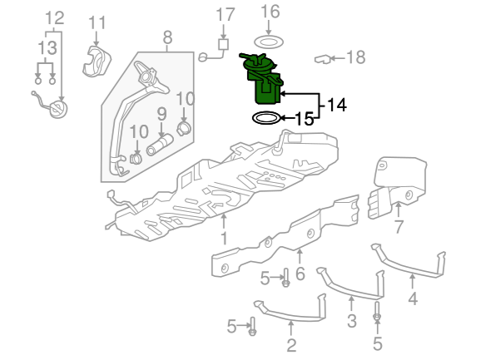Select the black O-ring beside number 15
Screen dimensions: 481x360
point(266,118)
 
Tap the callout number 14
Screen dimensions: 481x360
point(337,105)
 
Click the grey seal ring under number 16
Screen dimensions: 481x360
point(269,42)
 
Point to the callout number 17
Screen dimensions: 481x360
point(226,15)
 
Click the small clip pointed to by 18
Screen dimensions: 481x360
point(323,59)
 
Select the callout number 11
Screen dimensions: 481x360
point(97,23)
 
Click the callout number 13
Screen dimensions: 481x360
point(47,48)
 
